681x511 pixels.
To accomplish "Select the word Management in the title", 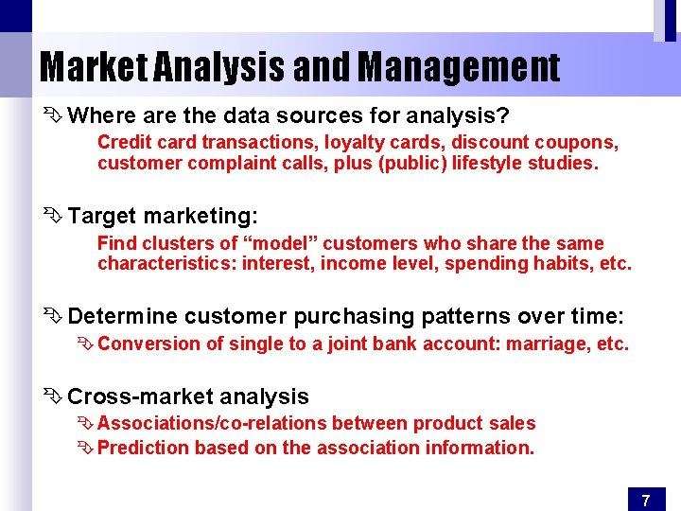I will click(x=459, y=67).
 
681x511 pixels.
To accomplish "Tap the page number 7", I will click(x=645, y=500).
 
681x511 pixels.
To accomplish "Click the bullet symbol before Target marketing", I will click(x=53, y=216).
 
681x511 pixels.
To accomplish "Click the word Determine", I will click(x=122, y=316).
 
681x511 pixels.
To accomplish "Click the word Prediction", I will click(x=143, y=448).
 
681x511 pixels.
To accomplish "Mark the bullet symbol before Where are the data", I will click(x=53, y=116).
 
